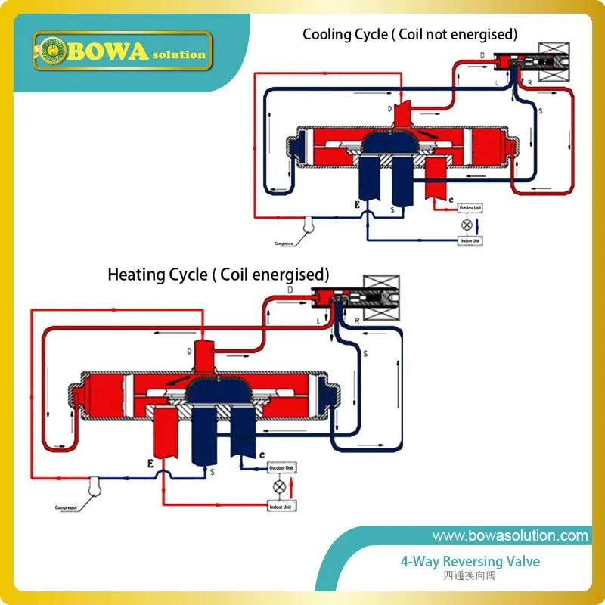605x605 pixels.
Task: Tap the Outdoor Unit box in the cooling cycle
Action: (x=468, y=208)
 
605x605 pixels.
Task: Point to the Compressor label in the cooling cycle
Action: (x=287, y=243)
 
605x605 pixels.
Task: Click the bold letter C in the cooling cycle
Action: (x=451, y=200)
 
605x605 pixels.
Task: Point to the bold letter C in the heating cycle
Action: (x=261, y=455)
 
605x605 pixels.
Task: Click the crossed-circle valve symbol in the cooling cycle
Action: (x=467, y=225)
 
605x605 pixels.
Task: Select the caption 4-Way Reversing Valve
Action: (x=470, y=562)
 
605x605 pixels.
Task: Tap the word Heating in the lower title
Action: (x=135, y=275)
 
